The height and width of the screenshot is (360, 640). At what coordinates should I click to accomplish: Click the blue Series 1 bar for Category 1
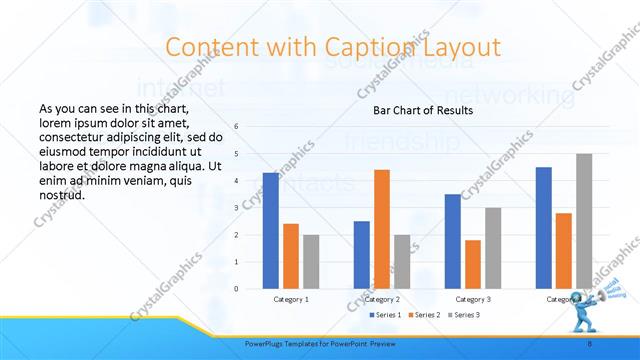[271, 231]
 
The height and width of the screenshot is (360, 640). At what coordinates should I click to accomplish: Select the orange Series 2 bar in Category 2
[382, 229]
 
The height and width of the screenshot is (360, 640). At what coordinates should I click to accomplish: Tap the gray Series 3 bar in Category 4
[584, 221]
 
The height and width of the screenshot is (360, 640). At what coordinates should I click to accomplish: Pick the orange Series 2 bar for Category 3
[473, 264]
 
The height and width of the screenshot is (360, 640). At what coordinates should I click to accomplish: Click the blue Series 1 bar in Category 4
[543, 228]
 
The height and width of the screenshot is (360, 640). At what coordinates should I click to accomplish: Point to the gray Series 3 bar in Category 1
[311, 262]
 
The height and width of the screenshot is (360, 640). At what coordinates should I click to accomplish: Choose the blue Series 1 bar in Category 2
[361, 255]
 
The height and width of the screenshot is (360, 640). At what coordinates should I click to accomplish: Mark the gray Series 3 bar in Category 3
[493, 248]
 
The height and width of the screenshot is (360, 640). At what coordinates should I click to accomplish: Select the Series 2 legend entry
[424, 316]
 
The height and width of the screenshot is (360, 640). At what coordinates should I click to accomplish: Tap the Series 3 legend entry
[463, 316]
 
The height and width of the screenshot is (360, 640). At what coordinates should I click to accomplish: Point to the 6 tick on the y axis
[236, 126]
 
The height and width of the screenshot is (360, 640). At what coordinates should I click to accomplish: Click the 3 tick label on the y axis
[236, 207]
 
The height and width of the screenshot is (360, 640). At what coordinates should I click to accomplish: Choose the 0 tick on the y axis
[236, 288]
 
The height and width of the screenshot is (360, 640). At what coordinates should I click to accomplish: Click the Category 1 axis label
[291, 299]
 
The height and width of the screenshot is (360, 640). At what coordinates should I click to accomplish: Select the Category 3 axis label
[473, 299]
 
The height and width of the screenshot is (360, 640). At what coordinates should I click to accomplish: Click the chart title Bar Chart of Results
[423, 110]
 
